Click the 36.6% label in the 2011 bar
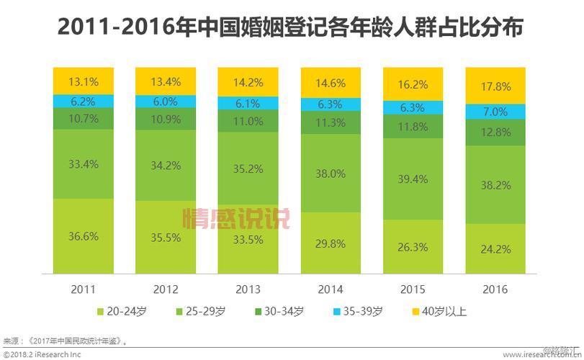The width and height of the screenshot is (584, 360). (x=84, y=235)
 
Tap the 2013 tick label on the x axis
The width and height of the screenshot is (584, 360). (x=248, y=289)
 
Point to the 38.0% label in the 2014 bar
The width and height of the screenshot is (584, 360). (x=331, y=174)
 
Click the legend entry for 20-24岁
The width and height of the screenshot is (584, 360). (x=122, y=311)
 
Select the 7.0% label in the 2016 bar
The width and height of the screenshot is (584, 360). (x=496, y=112)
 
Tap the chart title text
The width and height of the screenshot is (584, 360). (x=291, y=28)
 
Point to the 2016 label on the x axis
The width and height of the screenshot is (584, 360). (x=496, y=289)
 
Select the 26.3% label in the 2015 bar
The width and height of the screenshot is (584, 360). (x=413, y=247)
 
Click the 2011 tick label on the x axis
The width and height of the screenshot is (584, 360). (x=84, y=289)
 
